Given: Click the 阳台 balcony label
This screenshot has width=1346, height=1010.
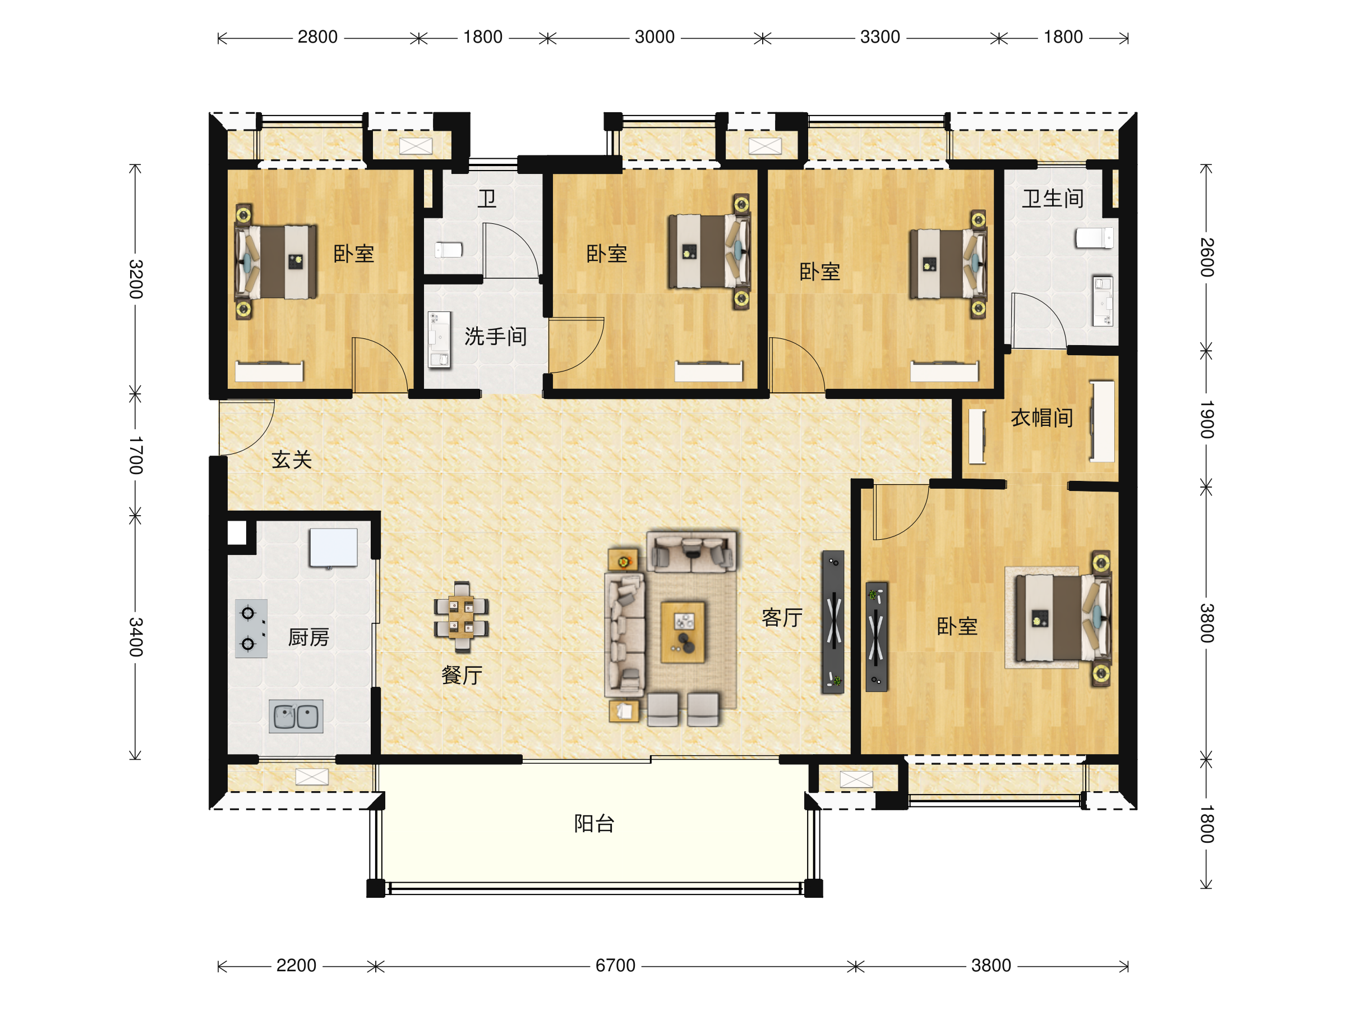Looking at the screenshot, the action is [594, 824].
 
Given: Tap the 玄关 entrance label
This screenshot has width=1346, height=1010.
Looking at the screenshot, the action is [292, 460].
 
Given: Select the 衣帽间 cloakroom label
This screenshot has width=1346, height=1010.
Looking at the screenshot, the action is [1042, 417].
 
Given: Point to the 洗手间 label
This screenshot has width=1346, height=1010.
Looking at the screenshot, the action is [495, 336].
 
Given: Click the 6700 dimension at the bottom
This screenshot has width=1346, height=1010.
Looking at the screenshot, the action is [615, 966].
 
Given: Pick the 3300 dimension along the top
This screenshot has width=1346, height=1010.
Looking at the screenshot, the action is [880, 37].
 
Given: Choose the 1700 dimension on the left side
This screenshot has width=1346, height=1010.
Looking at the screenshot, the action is [136, 456].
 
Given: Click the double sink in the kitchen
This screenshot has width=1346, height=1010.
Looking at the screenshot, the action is [296, 716].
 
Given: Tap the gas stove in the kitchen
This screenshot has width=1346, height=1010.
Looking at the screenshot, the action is [251, 628].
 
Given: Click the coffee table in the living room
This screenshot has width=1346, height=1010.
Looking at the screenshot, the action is [683, 632].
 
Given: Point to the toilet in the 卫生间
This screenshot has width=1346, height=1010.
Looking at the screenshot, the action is [1094, 237].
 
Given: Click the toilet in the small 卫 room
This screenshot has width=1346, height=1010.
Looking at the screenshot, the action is [449, 250].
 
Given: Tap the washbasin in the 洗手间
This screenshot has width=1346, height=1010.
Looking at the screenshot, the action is [439, 339].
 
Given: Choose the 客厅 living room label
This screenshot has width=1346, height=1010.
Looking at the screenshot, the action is [782, 617].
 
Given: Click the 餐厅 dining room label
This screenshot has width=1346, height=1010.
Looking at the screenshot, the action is [462, 674].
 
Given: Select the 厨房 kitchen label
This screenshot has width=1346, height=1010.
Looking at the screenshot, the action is [308, 637].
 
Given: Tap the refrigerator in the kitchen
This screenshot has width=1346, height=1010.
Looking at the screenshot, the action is [334, 547].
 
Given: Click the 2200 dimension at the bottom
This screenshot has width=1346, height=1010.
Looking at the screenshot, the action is [296, 966].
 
